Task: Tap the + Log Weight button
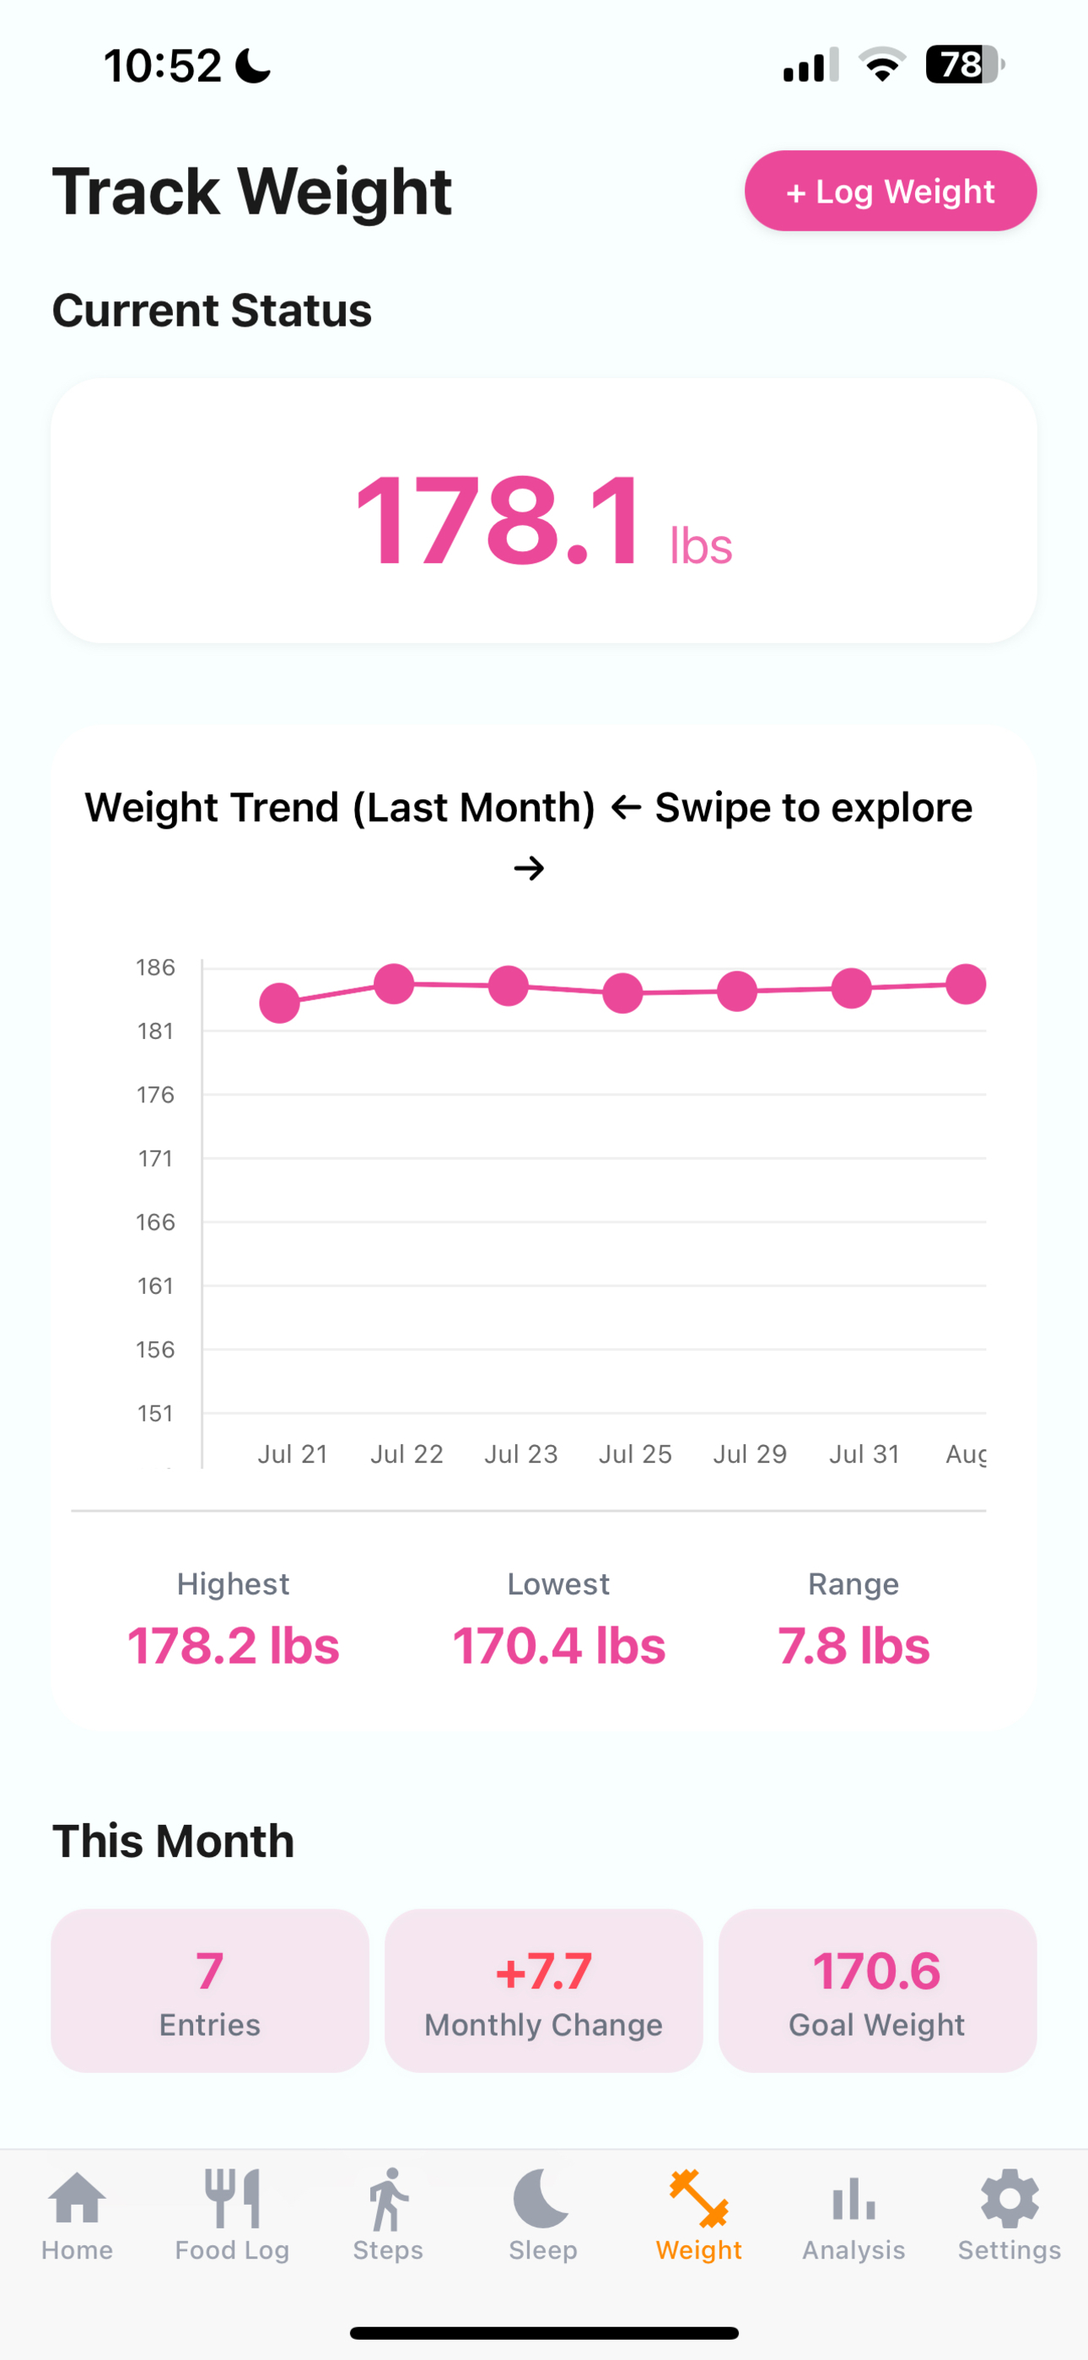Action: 890,191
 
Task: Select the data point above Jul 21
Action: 279,1002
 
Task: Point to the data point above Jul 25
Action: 622,993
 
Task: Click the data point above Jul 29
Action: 737,991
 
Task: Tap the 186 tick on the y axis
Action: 156,967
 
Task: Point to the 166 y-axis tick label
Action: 156,1222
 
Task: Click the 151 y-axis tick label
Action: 156,1414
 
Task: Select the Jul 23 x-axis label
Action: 521,1454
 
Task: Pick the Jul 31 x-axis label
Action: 864,1454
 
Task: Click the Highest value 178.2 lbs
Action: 234,1645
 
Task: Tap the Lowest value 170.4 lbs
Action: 559,1645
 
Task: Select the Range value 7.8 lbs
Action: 854,1645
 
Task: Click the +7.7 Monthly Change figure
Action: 544,1972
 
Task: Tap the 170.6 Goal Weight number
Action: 877,1972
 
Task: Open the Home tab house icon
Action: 77,2199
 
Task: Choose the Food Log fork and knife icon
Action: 233,2198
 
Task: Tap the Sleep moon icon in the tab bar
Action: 541,2198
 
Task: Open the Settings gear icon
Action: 1010,2198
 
